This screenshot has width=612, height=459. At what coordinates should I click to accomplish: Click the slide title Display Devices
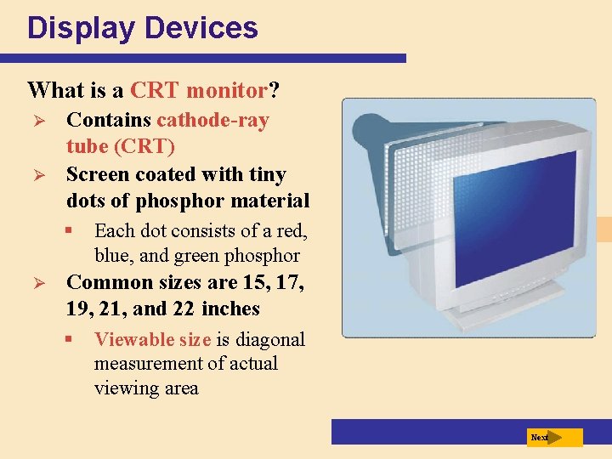coord(142,28)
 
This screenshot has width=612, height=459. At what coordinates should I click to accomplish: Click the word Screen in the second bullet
coord(96,174)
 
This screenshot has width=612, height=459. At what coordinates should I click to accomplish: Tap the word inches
coord(231,309)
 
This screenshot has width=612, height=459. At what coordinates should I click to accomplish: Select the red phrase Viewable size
coord(152,340)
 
